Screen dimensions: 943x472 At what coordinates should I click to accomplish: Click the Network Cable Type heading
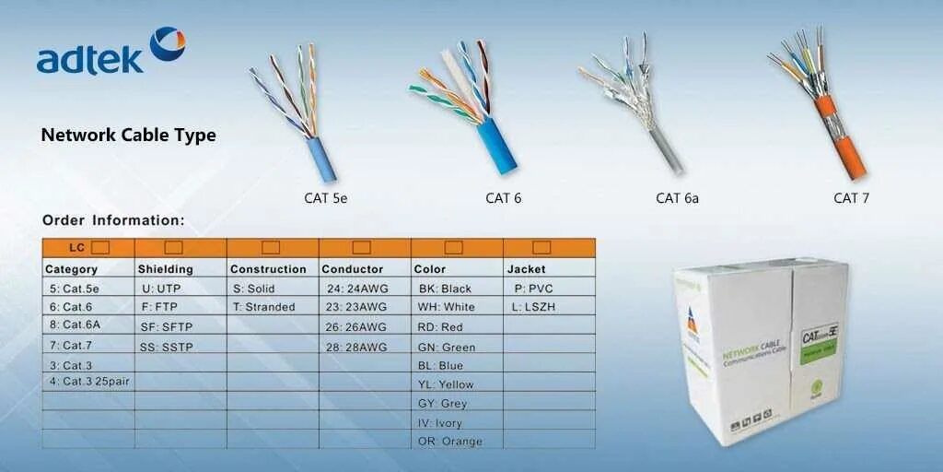tap(128, 135)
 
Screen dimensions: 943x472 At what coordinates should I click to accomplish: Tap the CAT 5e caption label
tap(326, 197)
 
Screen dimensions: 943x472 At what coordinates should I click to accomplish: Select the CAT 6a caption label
tap(677, 197)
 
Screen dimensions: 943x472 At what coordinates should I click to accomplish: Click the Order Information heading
tap(113, 220)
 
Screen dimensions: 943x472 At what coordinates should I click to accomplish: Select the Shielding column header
tap(166, 269)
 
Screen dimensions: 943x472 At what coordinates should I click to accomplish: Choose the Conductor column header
tap(352, 269)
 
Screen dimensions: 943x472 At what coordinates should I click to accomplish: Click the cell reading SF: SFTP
tap(167, 326)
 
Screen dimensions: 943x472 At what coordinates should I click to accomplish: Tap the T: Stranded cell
tap(264, 307)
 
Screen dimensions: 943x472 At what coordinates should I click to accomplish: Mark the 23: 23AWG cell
tap(357, 307)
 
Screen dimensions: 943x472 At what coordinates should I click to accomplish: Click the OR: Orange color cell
tap(450, 441)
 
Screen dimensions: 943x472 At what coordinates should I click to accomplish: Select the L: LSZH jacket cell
tap(535, 307)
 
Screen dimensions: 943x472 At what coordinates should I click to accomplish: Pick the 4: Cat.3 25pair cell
tap(89, 381)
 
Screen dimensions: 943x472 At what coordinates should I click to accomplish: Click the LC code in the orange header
tap(77, 247)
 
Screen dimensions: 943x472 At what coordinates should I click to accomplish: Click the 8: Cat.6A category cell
tap(76, 324)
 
